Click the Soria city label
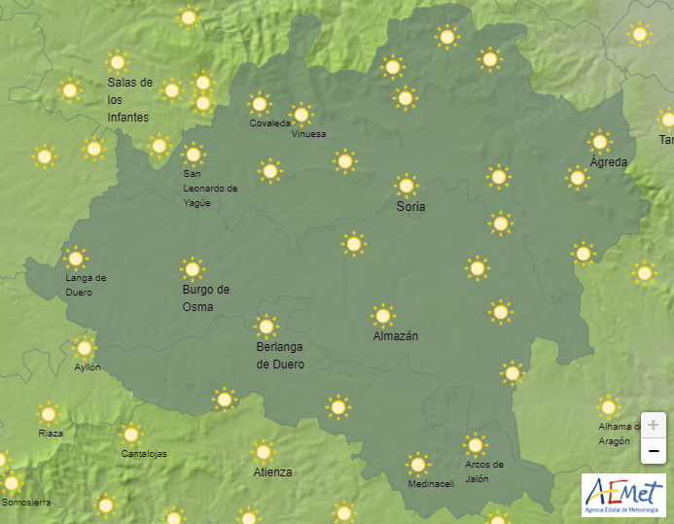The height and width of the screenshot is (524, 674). (410, 207)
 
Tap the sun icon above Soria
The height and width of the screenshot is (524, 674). (407, 185)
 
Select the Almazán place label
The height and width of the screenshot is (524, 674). (396, 336)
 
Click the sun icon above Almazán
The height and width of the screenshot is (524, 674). (383, 315)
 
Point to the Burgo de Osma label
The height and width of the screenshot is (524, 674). (206, 297)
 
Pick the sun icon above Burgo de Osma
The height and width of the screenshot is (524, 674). (193, 268)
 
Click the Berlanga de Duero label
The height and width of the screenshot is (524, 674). (280, 356)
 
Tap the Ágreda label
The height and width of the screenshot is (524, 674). (609, 162)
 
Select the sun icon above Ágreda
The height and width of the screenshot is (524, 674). (600, 141)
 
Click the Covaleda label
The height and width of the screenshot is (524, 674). (269, 123)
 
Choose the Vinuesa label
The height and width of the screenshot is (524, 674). (308, 134)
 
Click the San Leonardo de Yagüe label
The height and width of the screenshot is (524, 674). (210, 189)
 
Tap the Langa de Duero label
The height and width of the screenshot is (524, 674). (86, 284)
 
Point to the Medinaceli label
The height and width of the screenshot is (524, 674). (431, 484)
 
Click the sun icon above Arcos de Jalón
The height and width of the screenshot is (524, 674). (475, 445)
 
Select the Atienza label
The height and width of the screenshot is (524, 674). (272, 472)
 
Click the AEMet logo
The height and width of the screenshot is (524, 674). (622, 496)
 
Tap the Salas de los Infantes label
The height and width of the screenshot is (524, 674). (129, 99)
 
